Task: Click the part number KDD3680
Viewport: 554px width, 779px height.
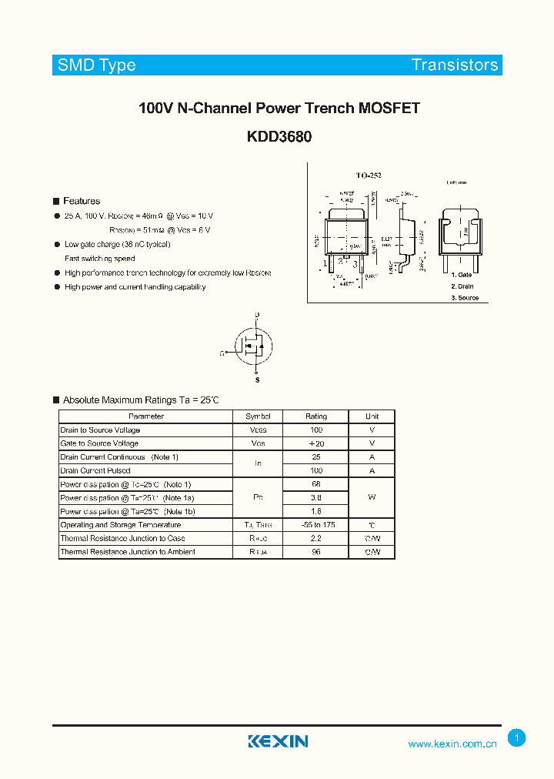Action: (x=279, y=136)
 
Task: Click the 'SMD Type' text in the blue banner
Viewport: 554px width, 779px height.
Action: (x=97, y=65)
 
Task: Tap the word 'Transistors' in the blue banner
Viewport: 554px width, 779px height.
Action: (x=454, y=65)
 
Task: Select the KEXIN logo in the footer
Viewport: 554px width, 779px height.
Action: (x=278, y=741)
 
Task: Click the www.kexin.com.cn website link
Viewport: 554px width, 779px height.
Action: (x=452, y=744)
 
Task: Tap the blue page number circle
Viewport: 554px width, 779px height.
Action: (x=517, y=738)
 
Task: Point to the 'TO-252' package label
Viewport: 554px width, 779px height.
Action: (x=368, y=176)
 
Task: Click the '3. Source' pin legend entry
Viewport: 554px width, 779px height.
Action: (x=465, y=297)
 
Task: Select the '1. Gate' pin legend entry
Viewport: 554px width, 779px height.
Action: (x=462, y=275)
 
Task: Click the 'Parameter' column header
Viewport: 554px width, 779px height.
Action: (x=146, y=416)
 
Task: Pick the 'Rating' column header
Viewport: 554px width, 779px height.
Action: (x=316, y=416)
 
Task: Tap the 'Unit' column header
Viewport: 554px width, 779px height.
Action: (x=372, y=416)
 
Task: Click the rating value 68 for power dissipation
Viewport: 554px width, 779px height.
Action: (x=316, y=484)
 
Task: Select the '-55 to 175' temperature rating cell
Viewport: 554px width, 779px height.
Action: (x=316, y=525)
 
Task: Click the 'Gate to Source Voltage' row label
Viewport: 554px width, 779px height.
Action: (x=100, y=443)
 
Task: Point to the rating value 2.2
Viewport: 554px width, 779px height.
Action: (x=316, y=538)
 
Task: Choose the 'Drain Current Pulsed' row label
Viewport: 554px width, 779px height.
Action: (x=96, y=470)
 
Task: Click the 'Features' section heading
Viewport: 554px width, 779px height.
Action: (x=82, y=201)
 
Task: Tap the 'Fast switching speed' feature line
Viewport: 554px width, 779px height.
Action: (x=100, y=259)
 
